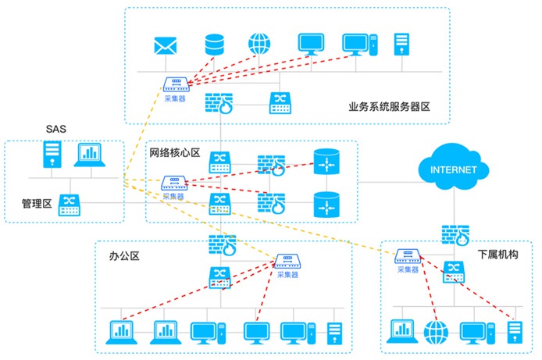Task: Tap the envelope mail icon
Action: [x=165, y=46]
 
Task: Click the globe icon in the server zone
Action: [x=259, y=44]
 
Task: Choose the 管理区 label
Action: [x=37, y=204]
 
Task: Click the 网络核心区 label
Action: [x=175, y=152]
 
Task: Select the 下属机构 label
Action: [x=497, y=255]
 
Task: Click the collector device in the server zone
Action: [x=175, y=84]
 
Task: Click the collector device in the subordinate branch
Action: [x=408, y=256]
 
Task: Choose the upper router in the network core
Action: [x=324, y=163]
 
